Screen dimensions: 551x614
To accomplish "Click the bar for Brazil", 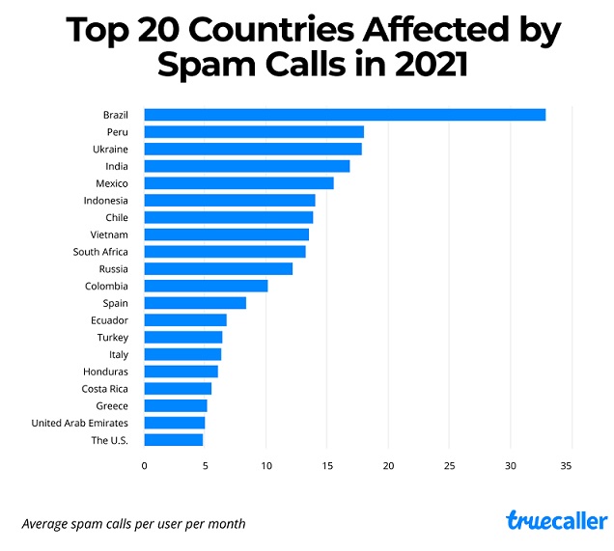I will [345, 115].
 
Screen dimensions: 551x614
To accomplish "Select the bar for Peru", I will [254, 132].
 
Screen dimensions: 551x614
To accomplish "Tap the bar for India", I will [247, 166].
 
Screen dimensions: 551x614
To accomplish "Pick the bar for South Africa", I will [225, 252].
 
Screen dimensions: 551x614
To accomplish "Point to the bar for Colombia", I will [206, 286].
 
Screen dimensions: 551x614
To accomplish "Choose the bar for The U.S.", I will [174, 440].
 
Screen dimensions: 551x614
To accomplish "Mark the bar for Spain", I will [195, 303].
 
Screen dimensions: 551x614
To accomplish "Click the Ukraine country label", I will [110, 150].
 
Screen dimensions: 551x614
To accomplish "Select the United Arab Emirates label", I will [80, 423].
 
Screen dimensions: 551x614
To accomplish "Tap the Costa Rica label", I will [105, 389].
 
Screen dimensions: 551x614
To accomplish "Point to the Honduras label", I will [106, 372].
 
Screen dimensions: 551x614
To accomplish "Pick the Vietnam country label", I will [109, 234].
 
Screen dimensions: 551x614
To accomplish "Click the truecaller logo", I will [557, 521].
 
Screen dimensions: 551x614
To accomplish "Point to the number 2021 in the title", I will [421, 66].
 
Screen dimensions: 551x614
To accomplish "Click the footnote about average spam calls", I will [133, 524].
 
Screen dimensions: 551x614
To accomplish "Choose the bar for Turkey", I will [183, 338].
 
